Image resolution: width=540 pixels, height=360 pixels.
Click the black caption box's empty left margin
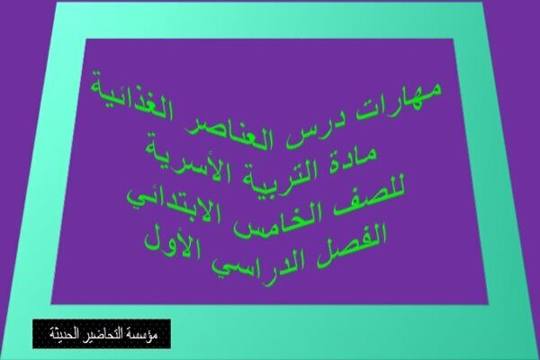tap(40, 334)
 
